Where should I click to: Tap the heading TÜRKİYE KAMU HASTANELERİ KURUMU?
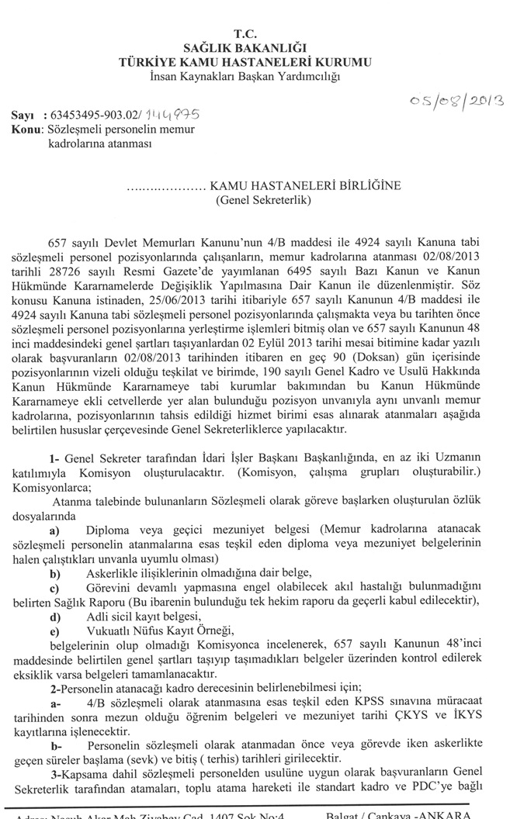tap(245, 61)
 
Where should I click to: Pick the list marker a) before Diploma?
tap(55, 530)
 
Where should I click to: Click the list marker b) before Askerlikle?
tap(55, 573)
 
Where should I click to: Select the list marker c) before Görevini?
tap(55, 588)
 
